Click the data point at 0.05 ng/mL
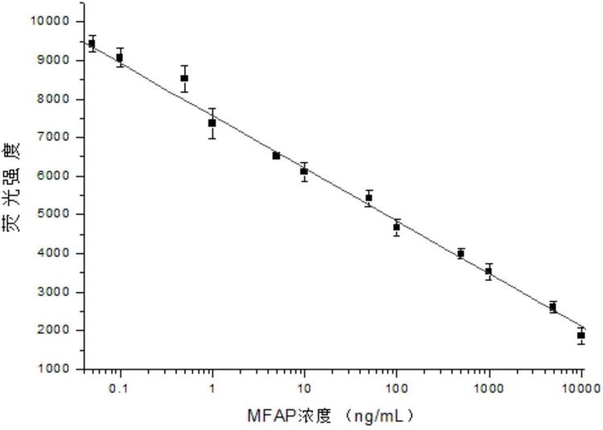pos(92,43)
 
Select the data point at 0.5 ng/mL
pos(184,78)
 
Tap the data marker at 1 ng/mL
pos(212,123)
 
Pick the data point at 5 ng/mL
pos(276,155)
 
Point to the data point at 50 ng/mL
pos(369,197)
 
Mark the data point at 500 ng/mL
pos(461,254)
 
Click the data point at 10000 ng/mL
pos(580,335)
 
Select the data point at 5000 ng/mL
pos(553,307)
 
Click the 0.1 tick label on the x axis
pos(120,388)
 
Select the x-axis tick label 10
pos(304,388)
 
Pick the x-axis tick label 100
pos(396,388)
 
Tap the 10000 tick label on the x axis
pos(580,388)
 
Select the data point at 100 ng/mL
pos(396,227)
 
